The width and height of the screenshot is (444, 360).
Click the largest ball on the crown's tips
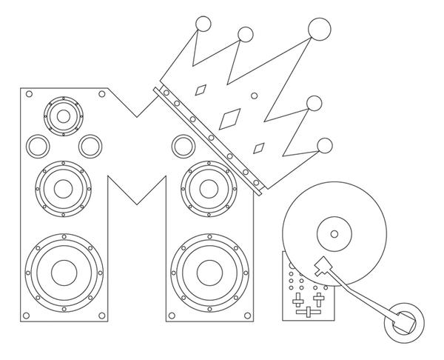319,29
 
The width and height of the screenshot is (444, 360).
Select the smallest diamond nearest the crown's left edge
200,91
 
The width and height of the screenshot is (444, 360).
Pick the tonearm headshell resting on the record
323,264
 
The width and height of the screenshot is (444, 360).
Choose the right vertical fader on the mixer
317,299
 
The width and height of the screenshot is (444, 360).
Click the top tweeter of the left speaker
63,116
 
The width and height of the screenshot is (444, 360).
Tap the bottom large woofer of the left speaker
64,271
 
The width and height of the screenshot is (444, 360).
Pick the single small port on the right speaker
181,145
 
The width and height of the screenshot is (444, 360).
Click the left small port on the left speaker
36,145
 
